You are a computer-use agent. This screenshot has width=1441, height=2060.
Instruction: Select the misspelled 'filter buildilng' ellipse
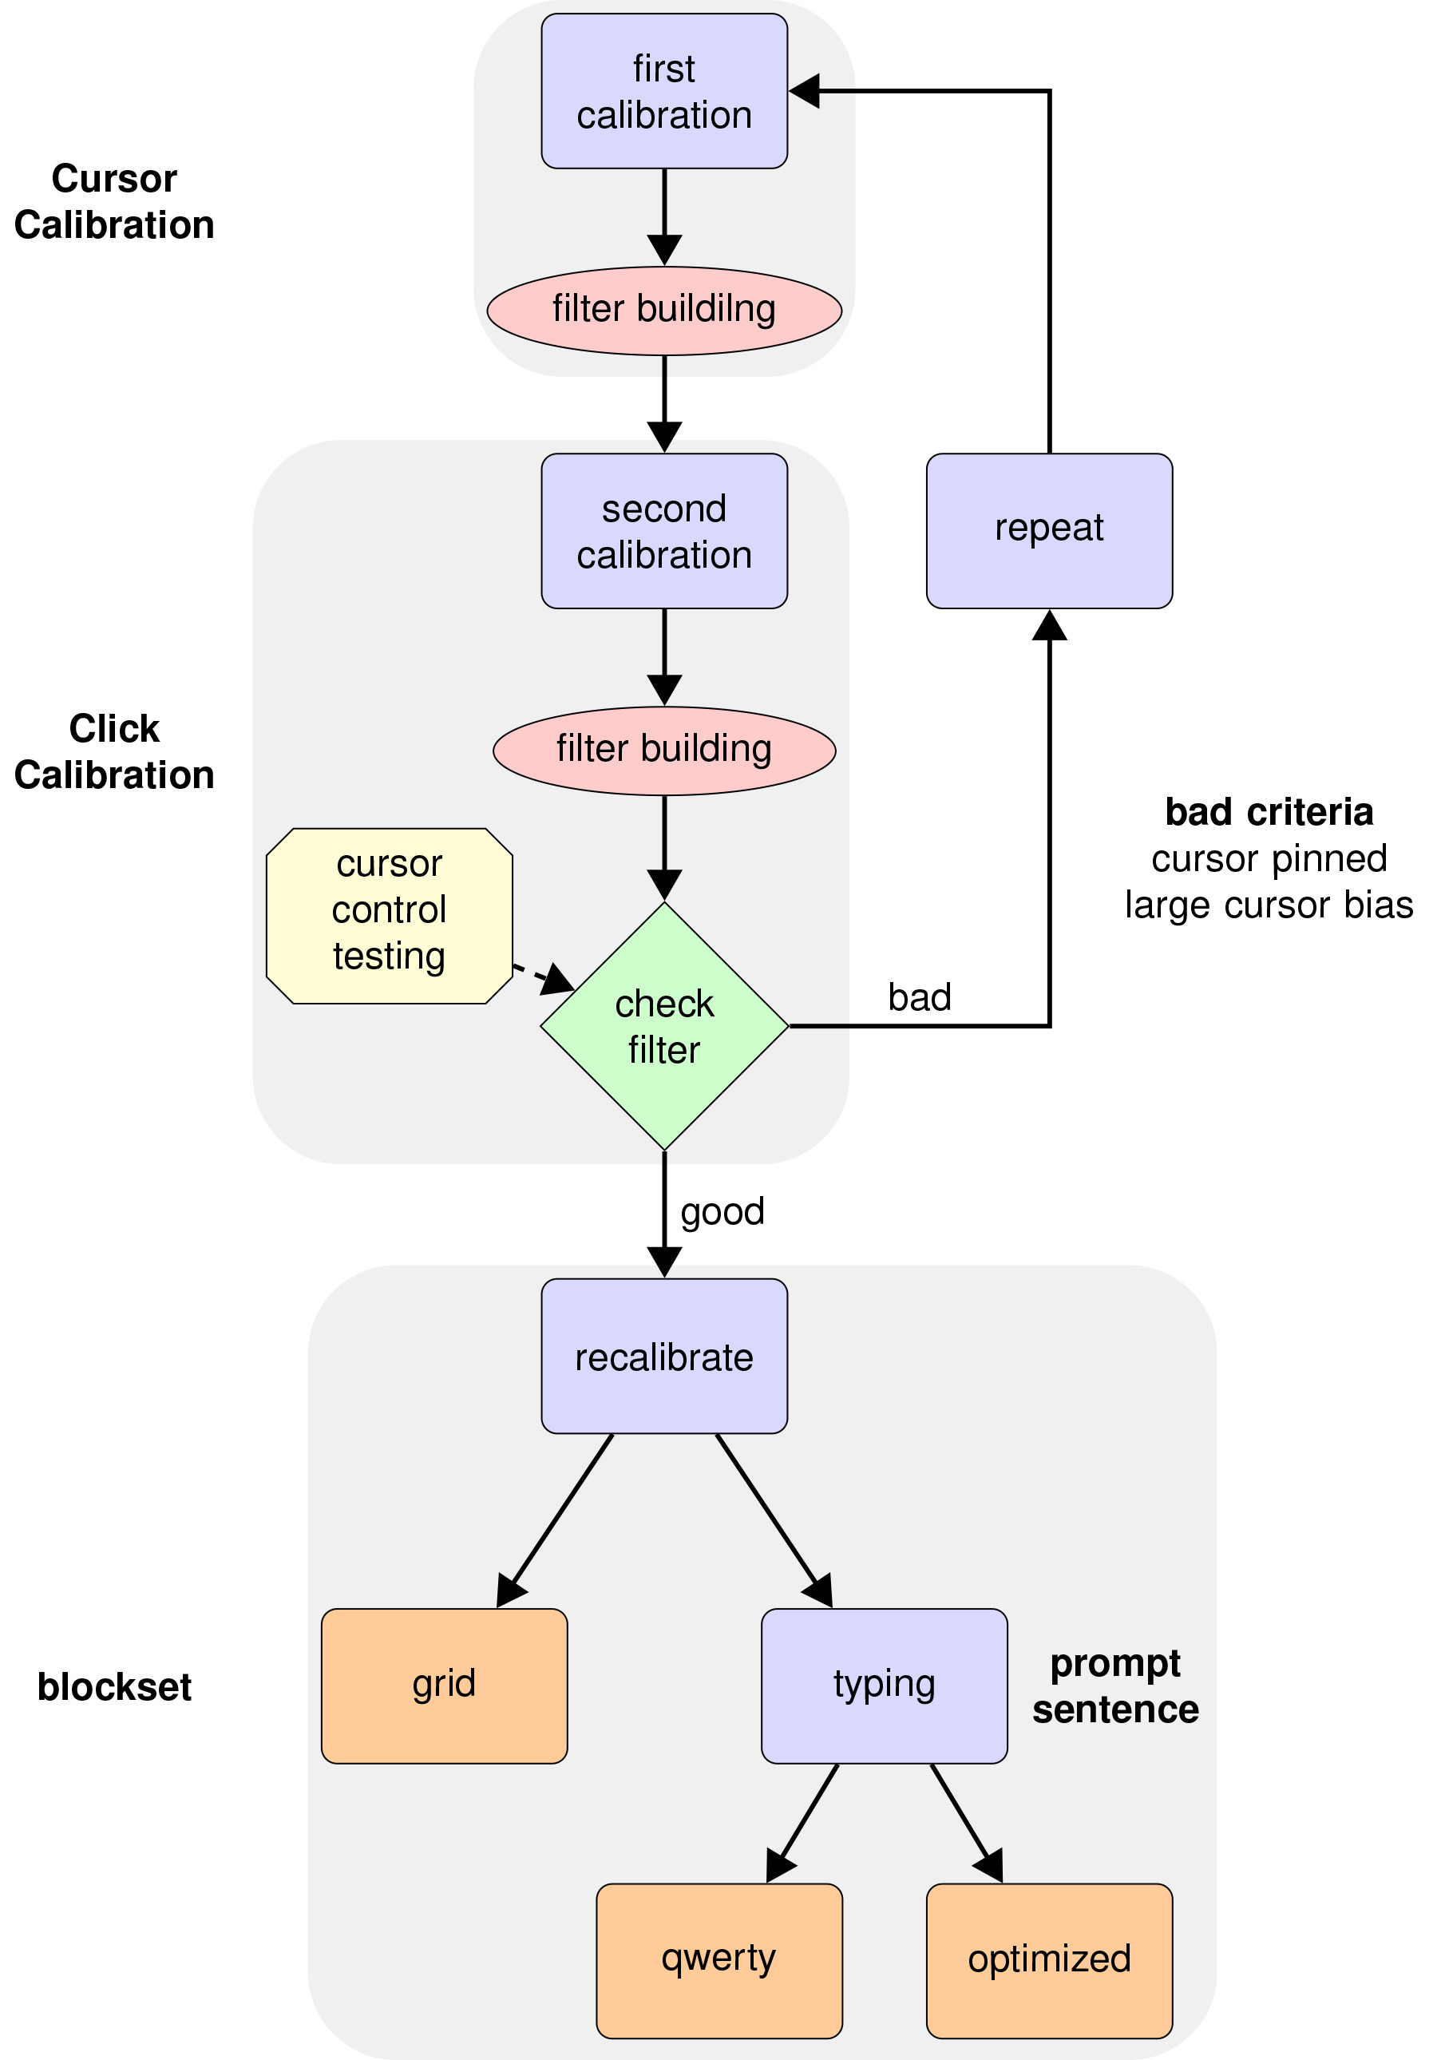(x=664, y=311)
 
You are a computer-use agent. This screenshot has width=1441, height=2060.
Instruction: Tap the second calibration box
(x=664, y=531)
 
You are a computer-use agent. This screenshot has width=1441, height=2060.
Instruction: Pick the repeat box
(x=1049, y=531)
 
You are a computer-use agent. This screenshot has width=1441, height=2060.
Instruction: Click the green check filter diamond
(x=664, y=1025)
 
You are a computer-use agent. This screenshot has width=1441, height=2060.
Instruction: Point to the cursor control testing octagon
(x=390, y=915)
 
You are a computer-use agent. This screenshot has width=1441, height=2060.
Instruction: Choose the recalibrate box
(x=664, y=1357)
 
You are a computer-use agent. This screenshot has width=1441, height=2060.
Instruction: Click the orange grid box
(x=444, y=1685)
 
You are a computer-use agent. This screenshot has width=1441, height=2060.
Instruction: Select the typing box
(x=884, y=1685)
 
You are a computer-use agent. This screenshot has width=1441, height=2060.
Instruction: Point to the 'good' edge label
(x=722, y=1212)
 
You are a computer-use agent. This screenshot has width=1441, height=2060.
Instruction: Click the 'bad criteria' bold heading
(x=1269, y=812)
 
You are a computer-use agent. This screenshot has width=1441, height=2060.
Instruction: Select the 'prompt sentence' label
(x=1115, y=1687)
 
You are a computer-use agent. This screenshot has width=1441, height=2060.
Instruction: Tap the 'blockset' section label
(x=114, y=1687)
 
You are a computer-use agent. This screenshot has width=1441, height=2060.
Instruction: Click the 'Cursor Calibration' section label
(x=114, y=202)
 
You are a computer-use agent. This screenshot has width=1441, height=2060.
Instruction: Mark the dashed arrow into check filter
(x=544, y=978)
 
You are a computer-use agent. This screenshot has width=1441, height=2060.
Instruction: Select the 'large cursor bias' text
(x=1269, y=905)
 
